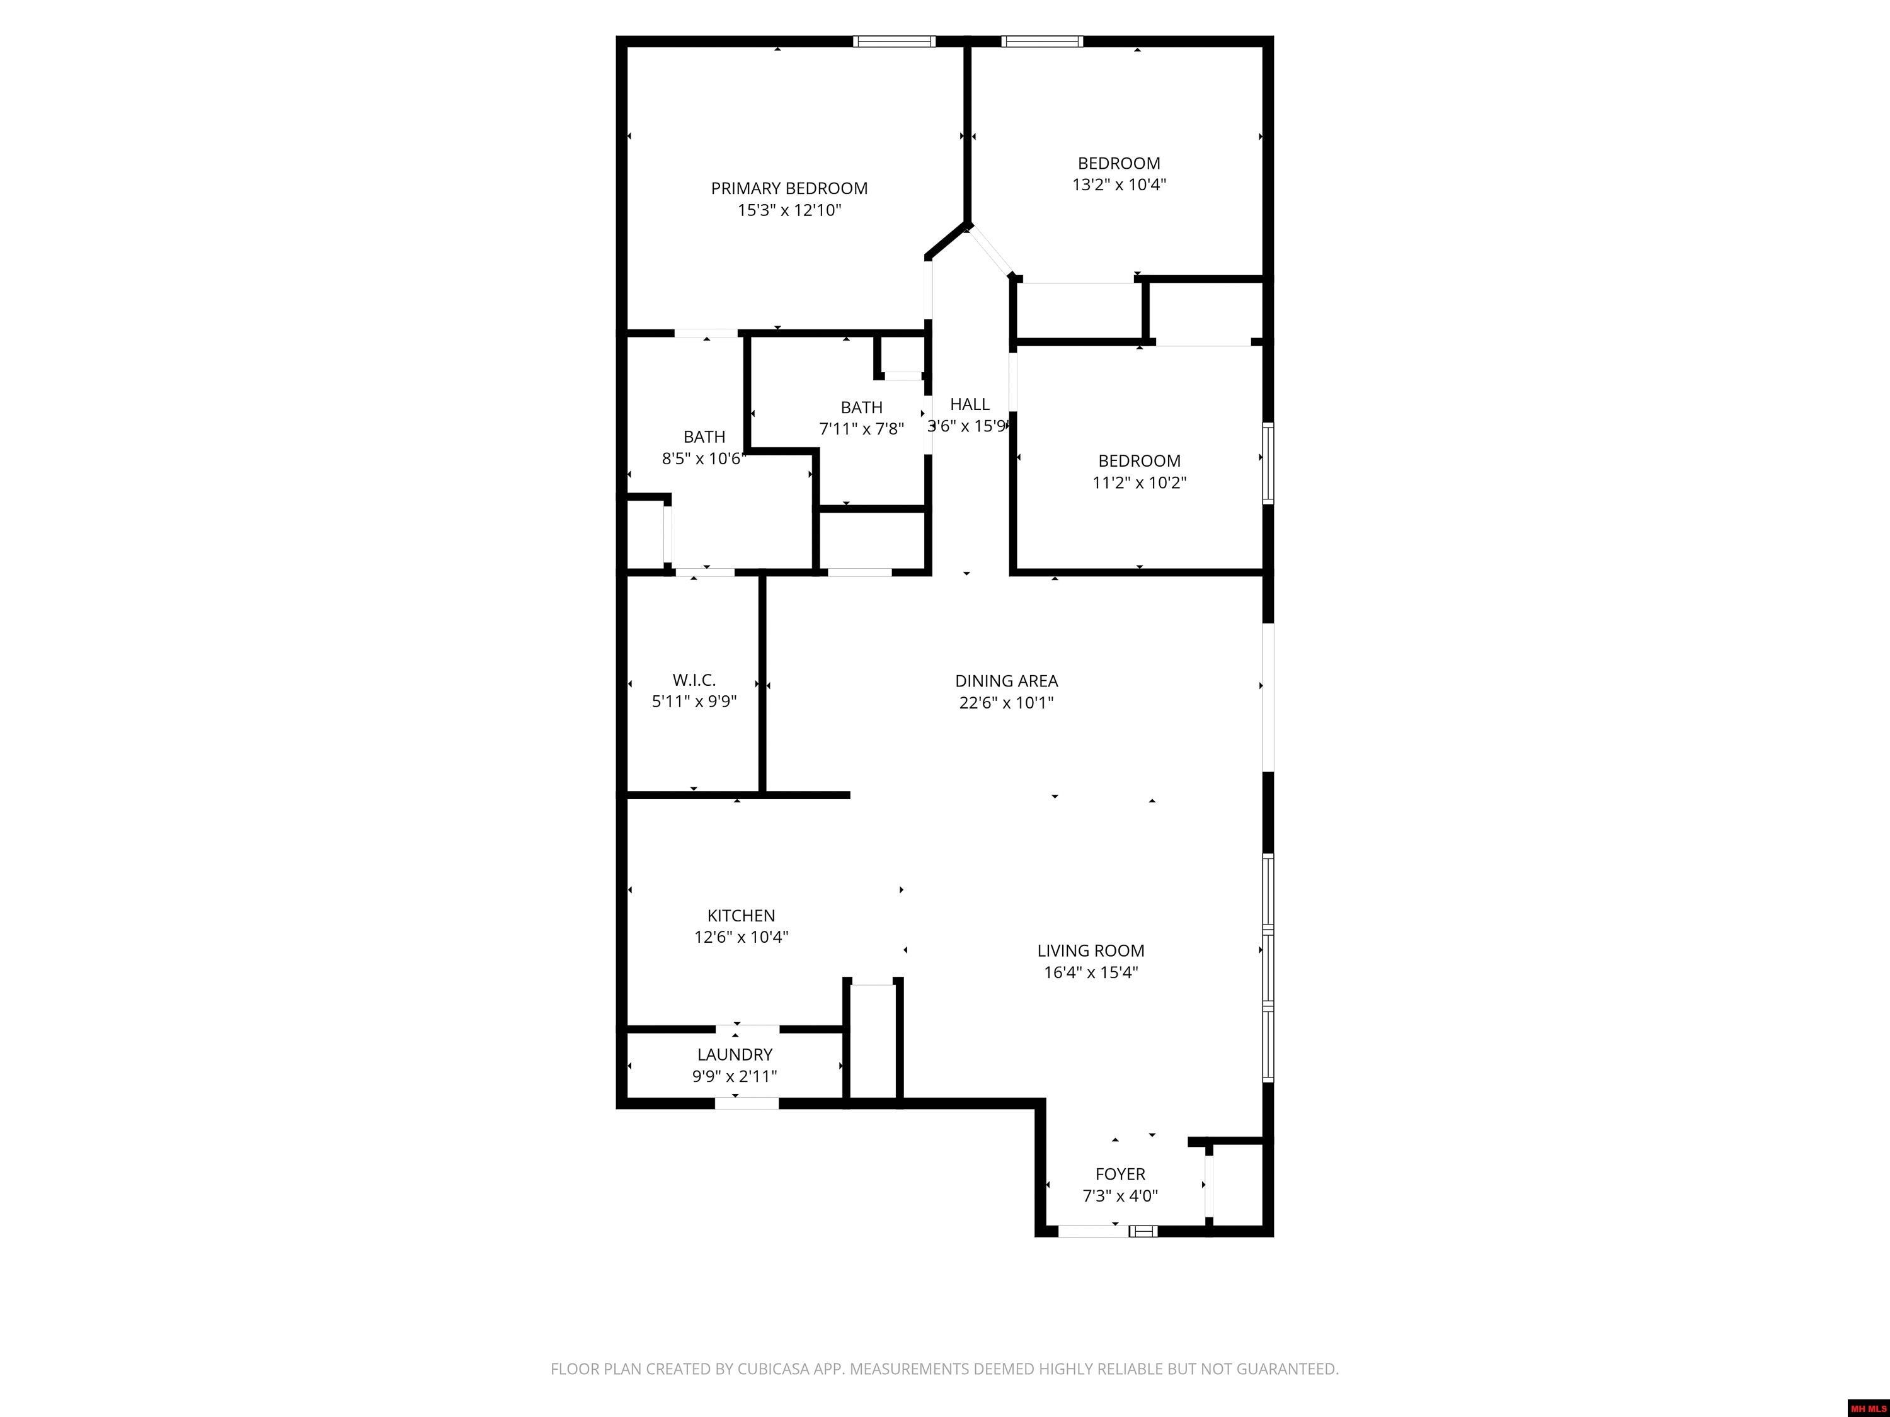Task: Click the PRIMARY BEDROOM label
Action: coord(789,188)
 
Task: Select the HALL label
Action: coord(970,404)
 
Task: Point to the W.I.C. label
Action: coord(694,680)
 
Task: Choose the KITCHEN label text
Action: coord(741,915)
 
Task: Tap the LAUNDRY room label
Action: coord(735,1054)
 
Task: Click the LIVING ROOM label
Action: coord(1091,950)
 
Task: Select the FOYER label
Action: coord(1120,1173)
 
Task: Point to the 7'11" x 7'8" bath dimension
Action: coord(861,429)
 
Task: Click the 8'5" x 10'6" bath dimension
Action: coord(703,458)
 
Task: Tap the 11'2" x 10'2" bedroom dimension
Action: coord(1139,482)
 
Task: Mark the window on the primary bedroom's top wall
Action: coord(894,41)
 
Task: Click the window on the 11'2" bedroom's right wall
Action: coord(1268,463)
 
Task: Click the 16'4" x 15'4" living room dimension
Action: coord(1091,972)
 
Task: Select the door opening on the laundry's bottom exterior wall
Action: coord(746,1103)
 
